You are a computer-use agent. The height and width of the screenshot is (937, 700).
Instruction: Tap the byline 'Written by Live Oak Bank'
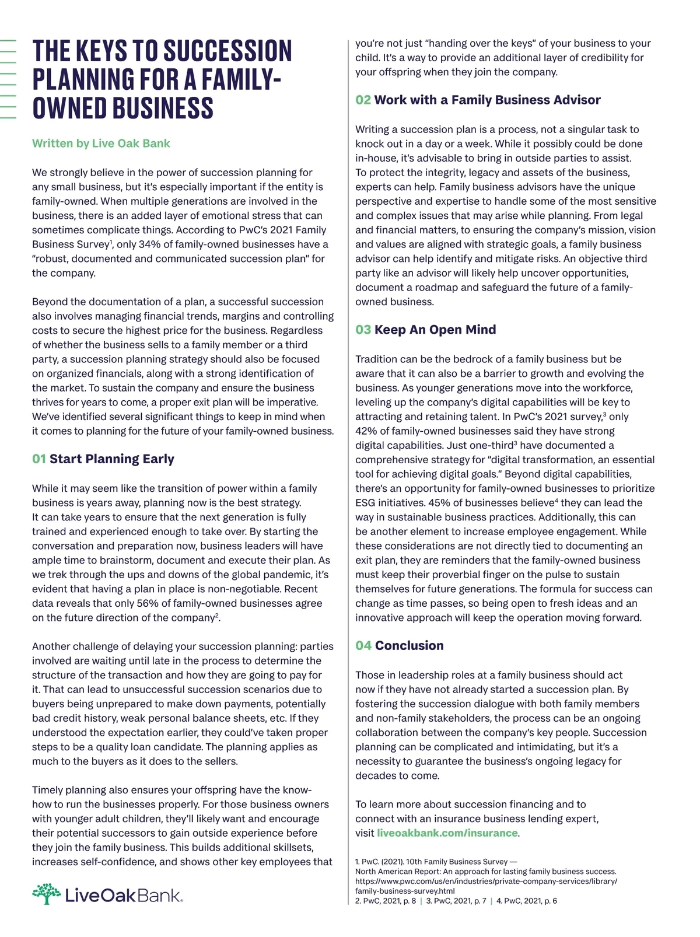[x=101, y=144]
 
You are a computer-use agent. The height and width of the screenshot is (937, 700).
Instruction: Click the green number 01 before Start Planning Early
[x=39, y=459]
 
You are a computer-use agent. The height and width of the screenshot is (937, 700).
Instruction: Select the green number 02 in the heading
[x=363, y=100]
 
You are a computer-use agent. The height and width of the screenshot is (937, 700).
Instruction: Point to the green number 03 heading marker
[x=363, y=330]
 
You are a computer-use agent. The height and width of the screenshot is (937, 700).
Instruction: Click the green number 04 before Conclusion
[x=363, y=646]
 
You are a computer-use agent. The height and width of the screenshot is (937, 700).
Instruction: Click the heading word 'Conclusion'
[x=409, y=646]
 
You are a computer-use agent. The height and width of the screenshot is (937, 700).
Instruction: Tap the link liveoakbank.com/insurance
[x=447, y=833]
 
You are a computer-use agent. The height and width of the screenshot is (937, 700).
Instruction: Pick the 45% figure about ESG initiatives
[x=439, y=503]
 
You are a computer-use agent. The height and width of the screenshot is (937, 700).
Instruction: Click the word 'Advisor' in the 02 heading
[x=573, y=100]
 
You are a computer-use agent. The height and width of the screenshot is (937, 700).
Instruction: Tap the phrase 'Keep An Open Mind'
[x=435, y=330]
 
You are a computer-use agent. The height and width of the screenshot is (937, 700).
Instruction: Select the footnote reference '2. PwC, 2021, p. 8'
[x=386, y=901]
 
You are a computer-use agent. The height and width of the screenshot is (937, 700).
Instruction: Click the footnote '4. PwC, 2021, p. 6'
[x=527, y=901]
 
